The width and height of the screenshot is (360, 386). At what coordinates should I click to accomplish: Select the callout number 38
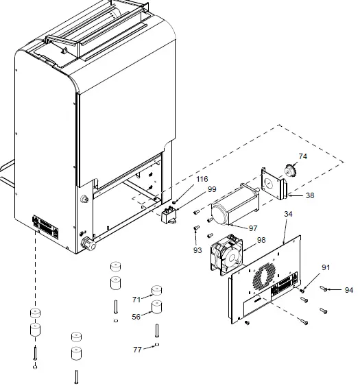[310, 195]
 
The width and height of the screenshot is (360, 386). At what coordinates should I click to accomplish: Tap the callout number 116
[202, 180]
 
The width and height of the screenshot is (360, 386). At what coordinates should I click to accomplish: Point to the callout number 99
[212, 189]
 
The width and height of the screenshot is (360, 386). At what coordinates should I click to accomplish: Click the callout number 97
[253, 227]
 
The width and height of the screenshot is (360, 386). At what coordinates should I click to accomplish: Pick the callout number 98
[261, 240]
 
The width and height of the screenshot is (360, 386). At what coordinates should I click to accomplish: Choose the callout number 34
[288, 214]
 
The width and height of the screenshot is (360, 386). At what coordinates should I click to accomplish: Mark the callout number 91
[326, 267]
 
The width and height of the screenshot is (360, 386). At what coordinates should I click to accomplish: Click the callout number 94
[349, 290]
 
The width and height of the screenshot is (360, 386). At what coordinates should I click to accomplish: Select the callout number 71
[136, 300]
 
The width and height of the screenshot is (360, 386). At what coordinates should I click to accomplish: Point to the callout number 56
[136, 317]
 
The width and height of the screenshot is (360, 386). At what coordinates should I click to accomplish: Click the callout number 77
[137, 350]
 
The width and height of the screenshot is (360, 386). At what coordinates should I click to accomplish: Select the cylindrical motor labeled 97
[232, 205]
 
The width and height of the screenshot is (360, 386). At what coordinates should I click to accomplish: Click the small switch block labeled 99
[169, 217]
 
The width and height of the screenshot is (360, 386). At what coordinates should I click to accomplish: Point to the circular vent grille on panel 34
[262, 277]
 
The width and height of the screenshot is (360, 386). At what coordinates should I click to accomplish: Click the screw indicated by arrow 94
[324, 289]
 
